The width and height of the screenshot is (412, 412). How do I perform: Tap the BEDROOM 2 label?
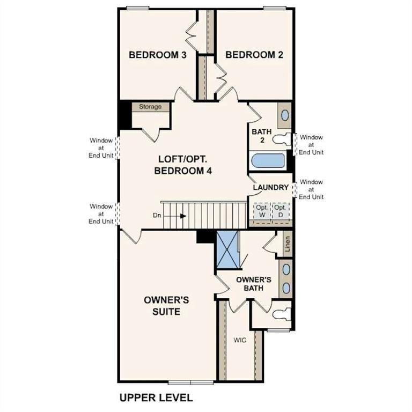pos(254,55)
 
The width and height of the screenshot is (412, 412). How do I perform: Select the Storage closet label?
pos(150,107)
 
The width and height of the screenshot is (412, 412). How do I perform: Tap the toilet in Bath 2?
pos(281,139)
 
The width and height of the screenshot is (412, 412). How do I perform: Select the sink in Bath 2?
pos(285,115)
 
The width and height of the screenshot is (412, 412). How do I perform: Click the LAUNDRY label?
pos(271,188)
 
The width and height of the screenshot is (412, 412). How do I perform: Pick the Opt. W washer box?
pos(261,210)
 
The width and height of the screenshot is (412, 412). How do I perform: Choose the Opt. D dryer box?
pos(280,210)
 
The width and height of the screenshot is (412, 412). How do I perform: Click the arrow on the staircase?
pos(183,216)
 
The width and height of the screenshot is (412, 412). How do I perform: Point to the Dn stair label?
pos(157,216)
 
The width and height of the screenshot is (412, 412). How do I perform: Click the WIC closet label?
pos(239,340)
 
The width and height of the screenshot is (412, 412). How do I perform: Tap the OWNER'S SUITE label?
pos(161,305)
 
